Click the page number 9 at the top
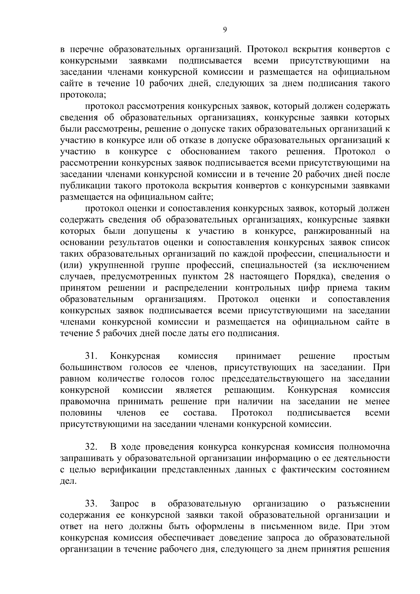pyautogui.click(x=225, y=30)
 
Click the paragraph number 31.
pyautogui.click(x=91, y=356)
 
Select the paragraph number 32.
pyautogui.click(x=91, y=447)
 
